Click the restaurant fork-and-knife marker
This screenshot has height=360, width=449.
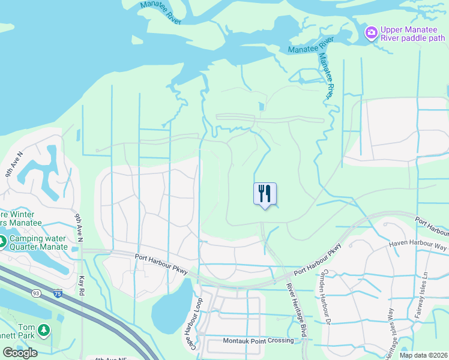click(x=265, y=194)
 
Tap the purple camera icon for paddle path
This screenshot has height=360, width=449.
click(x=372, y=31)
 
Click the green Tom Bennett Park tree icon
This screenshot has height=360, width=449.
click(x=43, y=329)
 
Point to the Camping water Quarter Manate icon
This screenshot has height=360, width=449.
click(x=2, y=242)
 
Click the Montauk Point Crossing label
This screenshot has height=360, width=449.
click(x=259, y=341)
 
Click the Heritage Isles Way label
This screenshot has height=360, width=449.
click(x=391, y=336)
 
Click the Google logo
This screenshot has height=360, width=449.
click(x=20, y=353)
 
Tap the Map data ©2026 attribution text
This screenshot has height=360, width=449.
click(x=424, y=355)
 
